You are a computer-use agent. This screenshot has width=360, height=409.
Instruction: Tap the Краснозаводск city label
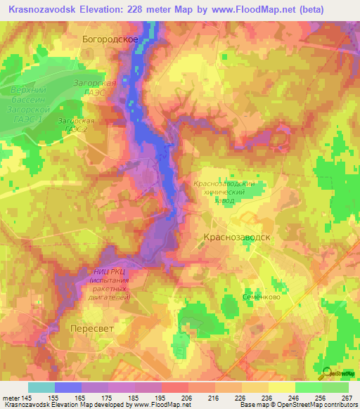point(237,238)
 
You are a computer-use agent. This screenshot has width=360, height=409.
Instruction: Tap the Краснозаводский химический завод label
point(223,190)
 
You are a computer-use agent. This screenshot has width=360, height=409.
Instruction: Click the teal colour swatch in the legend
point(41,387)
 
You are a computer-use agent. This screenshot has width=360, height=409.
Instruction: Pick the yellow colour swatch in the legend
point(255,387)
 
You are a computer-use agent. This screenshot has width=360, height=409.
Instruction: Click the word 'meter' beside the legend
point(13,397)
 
